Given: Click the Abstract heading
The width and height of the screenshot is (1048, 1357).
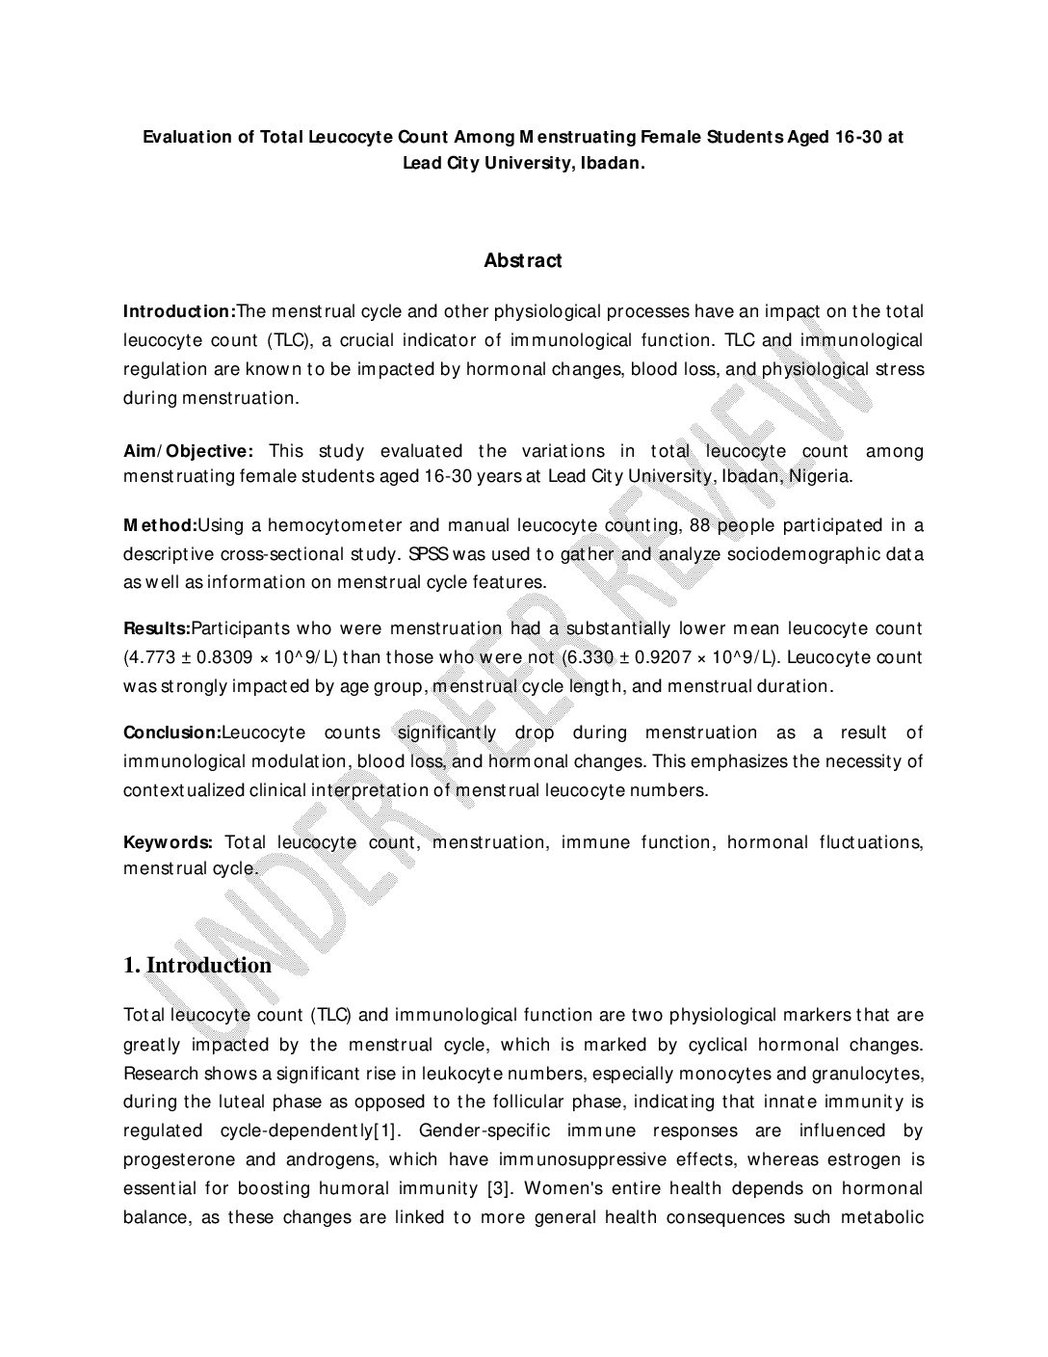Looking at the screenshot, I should (x=523, y=260).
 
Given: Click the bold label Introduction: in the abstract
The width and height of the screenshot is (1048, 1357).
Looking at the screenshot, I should (x=179, y=311).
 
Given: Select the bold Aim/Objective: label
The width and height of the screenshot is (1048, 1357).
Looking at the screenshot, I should (x=188, y=451).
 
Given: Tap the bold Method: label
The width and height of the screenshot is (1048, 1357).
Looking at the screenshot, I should (x=160, y=525).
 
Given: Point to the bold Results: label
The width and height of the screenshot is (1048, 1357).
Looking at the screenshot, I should (x=157, y=628).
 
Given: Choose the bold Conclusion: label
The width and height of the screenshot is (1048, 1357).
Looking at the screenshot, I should (x=171, y=732).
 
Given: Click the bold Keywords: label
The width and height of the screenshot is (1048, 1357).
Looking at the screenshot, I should (x=168, y=842).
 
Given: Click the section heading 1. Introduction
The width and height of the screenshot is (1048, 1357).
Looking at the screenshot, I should (x=197, y=966).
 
